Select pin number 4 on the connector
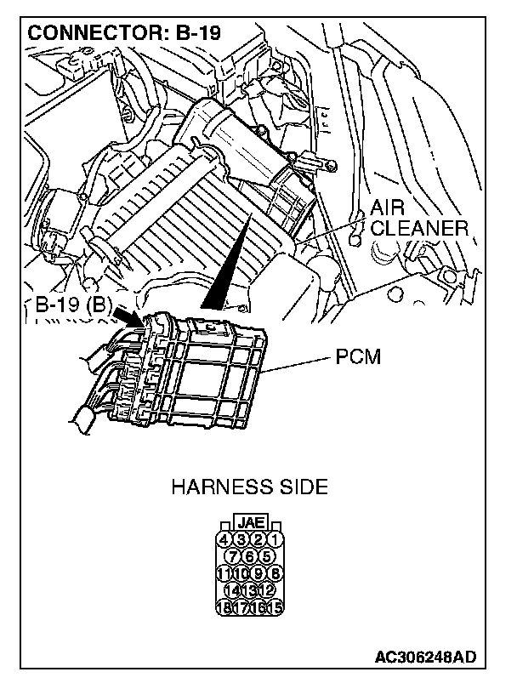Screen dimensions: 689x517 (224, 539)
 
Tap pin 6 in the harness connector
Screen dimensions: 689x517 (250, 556)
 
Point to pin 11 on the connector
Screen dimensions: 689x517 (224, 573)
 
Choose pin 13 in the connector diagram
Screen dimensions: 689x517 (250, 590)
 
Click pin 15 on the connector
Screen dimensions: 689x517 (277, 607)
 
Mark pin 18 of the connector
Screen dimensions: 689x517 (224, 607)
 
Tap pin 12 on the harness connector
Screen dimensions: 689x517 (267, 590)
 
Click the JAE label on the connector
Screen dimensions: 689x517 (250, 522)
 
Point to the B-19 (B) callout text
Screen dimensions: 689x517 (70, 305)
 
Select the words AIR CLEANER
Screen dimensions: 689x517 (418, 219)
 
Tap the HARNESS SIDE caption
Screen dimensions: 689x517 (249, 487)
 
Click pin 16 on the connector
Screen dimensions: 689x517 (259, 607)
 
